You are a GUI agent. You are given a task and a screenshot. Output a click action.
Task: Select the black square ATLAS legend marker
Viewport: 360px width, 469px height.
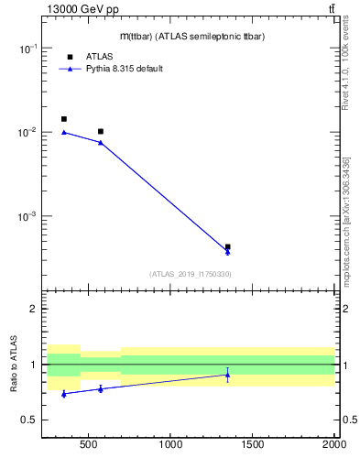pyautogui.click(x=70, y=57)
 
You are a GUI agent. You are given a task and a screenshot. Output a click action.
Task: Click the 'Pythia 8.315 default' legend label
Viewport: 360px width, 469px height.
pyautogui.click(x=124, y=69)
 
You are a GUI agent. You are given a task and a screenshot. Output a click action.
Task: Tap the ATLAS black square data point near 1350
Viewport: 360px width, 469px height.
pyautogui.click(x=227, y=246)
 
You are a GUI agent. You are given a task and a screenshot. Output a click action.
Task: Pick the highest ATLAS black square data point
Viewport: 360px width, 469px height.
pyautogui.click(x=63, y=119)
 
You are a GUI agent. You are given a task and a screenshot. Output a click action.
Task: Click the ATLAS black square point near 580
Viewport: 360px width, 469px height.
pyautogui.click(x=101, y=132)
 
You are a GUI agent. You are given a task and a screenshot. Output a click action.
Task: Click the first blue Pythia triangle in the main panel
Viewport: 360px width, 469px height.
pyautogui.click(x=63, y=132)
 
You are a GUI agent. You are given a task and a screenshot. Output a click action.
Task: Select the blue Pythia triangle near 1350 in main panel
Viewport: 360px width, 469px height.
pyautogui.click(x=227, y=252)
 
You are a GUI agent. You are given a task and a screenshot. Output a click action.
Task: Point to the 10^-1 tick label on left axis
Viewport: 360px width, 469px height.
pyautogui.click(x=28, y=49)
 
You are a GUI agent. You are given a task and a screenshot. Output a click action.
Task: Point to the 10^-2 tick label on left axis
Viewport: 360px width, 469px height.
pyautogui.click(x=28, y=133)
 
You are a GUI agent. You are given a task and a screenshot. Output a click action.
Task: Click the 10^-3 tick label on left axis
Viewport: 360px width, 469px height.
pyautogui.click(x=28, y=217)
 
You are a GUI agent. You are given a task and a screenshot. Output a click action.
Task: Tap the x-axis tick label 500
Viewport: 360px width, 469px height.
pyautogui.click(x=88, y=446)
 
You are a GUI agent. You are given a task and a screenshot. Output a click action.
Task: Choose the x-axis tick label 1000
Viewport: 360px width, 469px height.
pyautogui.click(x=170, y=446)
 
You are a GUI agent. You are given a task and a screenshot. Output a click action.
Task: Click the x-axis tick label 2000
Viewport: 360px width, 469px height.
pyautogui.click(x=333, y=446)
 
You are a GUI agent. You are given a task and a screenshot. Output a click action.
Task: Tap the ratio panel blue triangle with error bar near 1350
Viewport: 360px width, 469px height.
pyautogui.click(x=227, y=375)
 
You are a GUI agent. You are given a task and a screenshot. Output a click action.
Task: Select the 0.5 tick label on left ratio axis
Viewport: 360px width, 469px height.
pyautogui.click(x=29, y=420)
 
